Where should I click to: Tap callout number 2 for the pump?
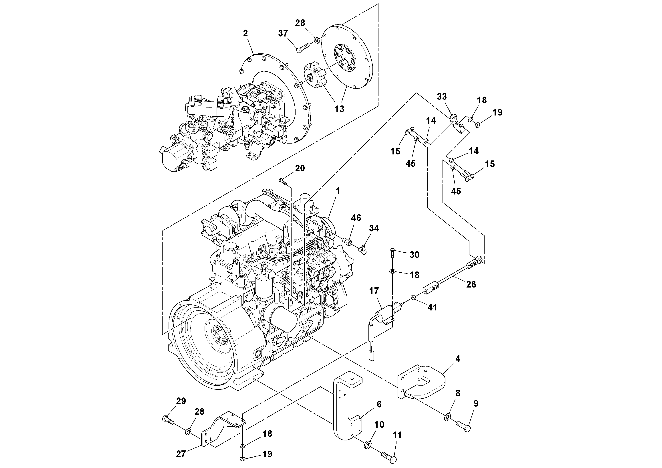click(x=245, y=33)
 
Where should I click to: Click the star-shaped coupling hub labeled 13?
click(x=315, y=76)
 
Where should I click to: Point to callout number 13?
click(x=339, y=109)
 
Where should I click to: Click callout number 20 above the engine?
click(x=300, y=168)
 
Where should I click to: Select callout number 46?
click(x=356, y=218)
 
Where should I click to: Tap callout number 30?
click(x=414, y=255)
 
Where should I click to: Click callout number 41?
click(x=432, y=307)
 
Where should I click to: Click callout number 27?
click(x=181, y=454)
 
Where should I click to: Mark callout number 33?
click(x=442, y=97)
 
